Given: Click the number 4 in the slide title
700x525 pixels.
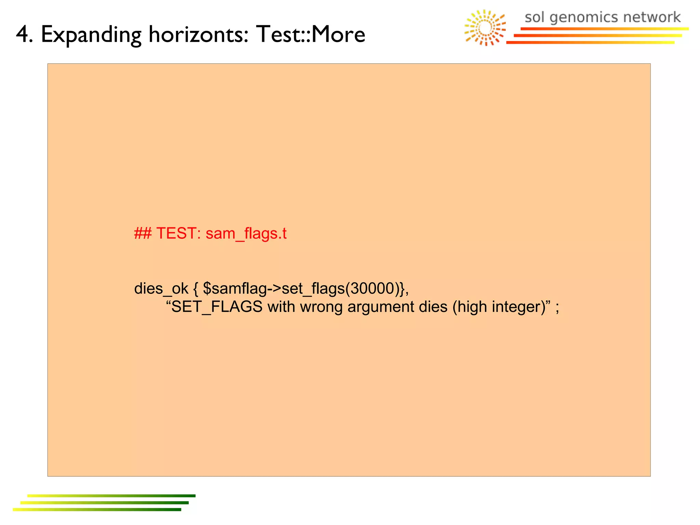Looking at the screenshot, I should (24, 35).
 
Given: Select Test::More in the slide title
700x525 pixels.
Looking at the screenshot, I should (310, 35).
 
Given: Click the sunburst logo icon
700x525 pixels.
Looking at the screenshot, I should (485, 28).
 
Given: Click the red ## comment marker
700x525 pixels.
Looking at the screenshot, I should (143, 234).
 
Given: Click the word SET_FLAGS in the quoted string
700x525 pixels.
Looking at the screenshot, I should (217, 307).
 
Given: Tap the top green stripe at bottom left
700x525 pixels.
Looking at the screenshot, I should (111, 496).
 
